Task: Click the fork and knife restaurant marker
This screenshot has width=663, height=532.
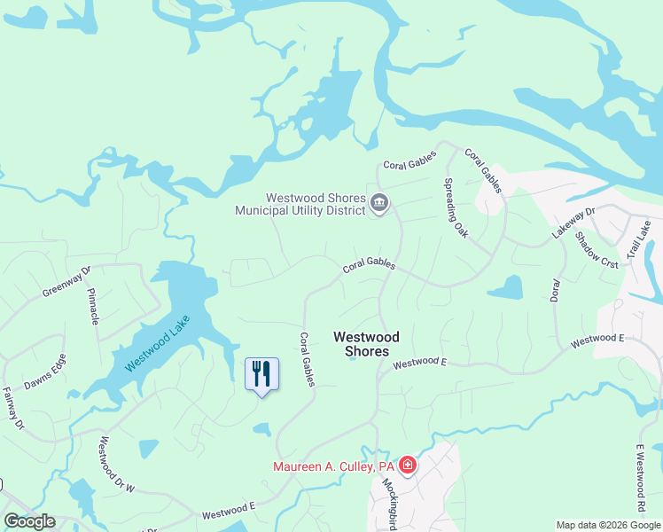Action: click(x=261, y=373)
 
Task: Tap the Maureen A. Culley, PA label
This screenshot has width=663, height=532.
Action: click(x=333, y=466)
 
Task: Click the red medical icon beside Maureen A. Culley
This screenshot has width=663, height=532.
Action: click(x=408, y=465)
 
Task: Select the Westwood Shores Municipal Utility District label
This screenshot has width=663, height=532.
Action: click(x=300, y=205)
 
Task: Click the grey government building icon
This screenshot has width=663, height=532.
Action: click(x=378, y=204)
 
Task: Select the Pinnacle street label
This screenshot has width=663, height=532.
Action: click(x=94, y=305)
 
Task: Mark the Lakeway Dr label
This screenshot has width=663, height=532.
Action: click(x=574, y=223)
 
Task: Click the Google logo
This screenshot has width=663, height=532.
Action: click(x=30, y=521)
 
